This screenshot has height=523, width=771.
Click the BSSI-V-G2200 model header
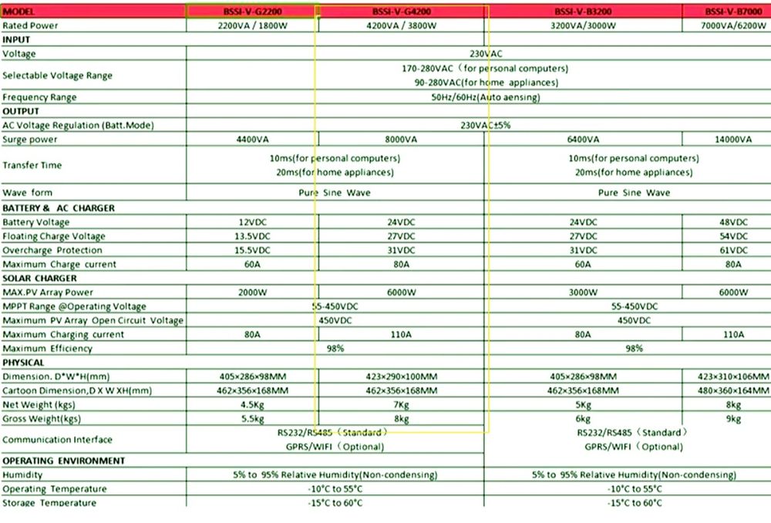click(251, 12)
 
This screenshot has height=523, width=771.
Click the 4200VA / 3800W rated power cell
click(401, 25)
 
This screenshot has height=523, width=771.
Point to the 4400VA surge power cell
click(251, 140)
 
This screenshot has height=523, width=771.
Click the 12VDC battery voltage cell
click(251, 222)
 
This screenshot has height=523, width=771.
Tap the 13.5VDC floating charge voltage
click(251, 236)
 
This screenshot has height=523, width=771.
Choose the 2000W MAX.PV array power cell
click(251, 292)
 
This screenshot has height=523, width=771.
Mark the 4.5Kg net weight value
click(251, 404)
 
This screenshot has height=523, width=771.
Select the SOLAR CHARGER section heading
click(40, 278)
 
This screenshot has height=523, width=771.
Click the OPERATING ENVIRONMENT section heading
click(63, 461)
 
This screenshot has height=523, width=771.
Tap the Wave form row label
click(28, 192)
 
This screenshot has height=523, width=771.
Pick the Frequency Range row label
click(40, 97)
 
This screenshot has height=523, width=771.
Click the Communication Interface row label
click(57, 440)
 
